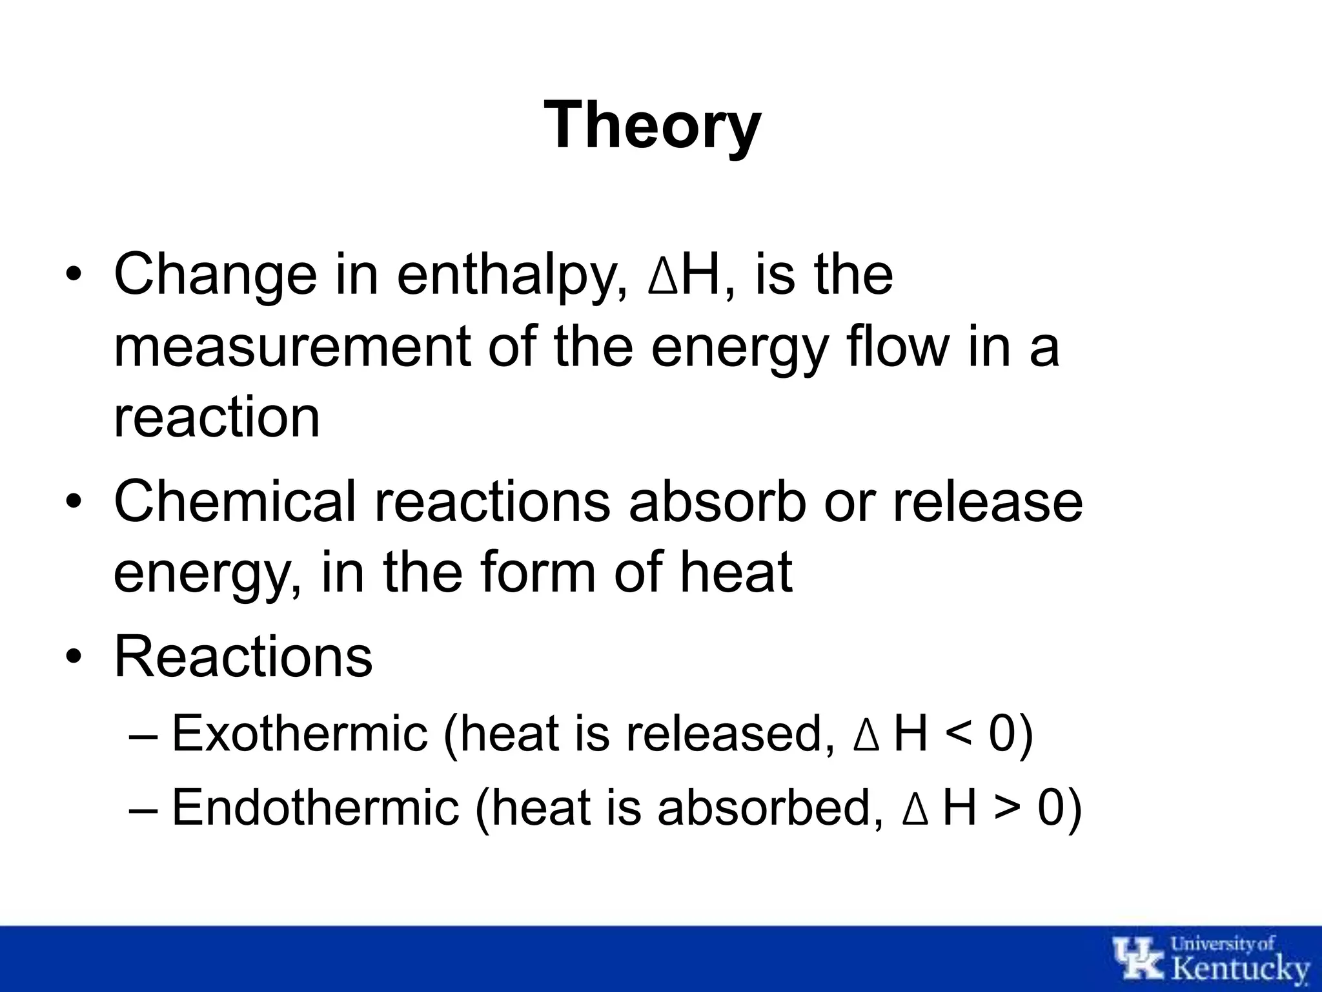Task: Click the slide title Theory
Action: pos(653,125)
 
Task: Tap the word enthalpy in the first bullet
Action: pos(511,275)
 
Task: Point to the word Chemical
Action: pos(235,501)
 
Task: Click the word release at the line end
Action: pos(988,502)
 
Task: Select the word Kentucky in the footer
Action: pos(1240,969)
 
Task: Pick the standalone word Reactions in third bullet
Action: pos(243,656)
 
